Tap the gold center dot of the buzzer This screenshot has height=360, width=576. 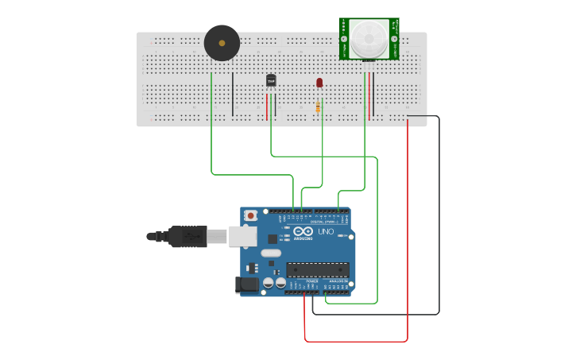pos(222,43)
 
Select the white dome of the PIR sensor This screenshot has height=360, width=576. pos(369,37)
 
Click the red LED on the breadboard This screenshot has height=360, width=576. pos(319,83)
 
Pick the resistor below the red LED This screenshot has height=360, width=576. pos(319,106)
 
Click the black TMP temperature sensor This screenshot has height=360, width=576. pos(271,80)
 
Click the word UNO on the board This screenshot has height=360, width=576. pos(326,231)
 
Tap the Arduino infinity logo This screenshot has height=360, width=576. pos(302,231)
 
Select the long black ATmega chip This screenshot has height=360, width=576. pos(318,269)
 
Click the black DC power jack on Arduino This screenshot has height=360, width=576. pos(247,284)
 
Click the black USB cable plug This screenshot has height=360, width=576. pos(187,236)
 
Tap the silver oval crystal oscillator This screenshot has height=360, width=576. pos(271,254)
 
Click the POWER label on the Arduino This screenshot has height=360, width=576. pos(311,281)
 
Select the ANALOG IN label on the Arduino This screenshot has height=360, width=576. pos(338,281)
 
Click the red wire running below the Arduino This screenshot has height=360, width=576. pos(358,342)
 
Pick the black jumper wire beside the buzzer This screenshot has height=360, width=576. pos(233,94)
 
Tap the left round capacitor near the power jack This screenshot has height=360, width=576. pos(269,282)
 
